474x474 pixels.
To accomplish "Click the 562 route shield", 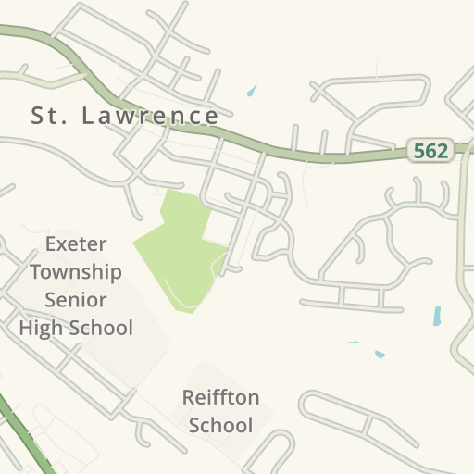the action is pyautogui.click(x=430, y=151).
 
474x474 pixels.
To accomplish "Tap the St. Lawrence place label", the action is pyautogui.click(x=125, y=116).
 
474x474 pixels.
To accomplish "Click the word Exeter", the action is pyautogui.click(x=76, y=244).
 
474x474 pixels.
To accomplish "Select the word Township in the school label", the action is pyautogui.click(x=76, y=272).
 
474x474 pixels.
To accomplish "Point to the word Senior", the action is pyautogui.click(x=76, y=300).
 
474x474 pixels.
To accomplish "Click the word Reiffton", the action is pyautogui.click(x=220, y=398).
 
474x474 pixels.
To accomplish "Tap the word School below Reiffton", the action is pyautogui.click(x=220, y=426).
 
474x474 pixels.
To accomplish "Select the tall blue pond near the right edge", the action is pyautogui.click(x=437, y=316).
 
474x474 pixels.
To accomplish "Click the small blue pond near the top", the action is pyautogui.click(x=251, y=92).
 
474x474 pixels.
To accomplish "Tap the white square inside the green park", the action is pyautogui.click(x=216, y=228).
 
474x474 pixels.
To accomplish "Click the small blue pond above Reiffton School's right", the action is pyautogui.click(x=380, y=354).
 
